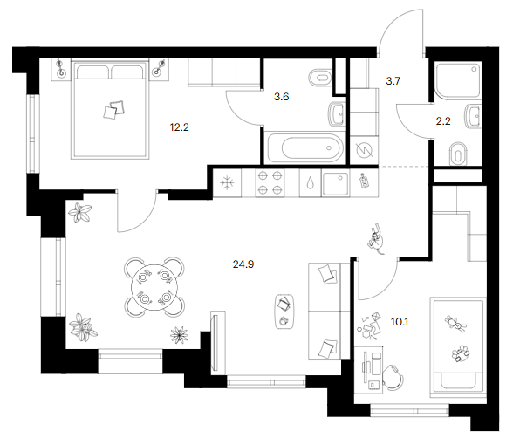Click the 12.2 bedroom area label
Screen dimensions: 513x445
pyautogui.click(x=180, y=127)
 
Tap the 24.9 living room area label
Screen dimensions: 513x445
pyautogui.click(x=243, y=264)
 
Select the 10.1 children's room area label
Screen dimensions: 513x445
pyautogui.click(x=400, y=322)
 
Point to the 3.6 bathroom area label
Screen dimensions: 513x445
pyautogui.click(x=281, y=97)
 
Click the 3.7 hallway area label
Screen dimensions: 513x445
pyautogui.click(x=393, y=81)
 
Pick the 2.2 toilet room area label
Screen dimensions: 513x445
pyautogui.click(x=443, y=121)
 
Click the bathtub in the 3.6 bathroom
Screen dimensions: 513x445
pyautogui.click(x=305, y=148)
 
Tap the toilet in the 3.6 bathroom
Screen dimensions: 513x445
pyautogui.click(x=320, y=78)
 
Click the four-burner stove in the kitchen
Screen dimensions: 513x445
pyautogui.click(x=270, y=183)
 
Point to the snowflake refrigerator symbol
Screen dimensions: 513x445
pyautogui.click(x=227, y=183)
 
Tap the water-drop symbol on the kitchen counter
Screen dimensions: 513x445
pyautogui.click(x=310, y=183)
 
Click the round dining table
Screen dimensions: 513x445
pyautogui.click(x=154, y=287)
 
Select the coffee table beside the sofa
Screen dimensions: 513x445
pyautogui.click(x=284, y=311)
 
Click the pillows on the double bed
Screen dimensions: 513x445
pyautogui.click(x=114, y=109)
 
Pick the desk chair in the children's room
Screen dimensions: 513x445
pyautogui.click(x=393, y=378)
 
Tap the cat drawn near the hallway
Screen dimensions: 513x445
pyautogui.click(x=376, y=238)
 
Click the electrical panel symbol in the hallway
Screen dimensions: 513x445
pyautogui.click(x=364, y=151)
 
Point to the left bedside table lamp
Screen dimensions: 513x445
pyautogui.click(x=60, y=68)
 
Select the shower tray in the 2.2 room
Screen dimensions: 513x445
pyautogui.click(x=458, y=80)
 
